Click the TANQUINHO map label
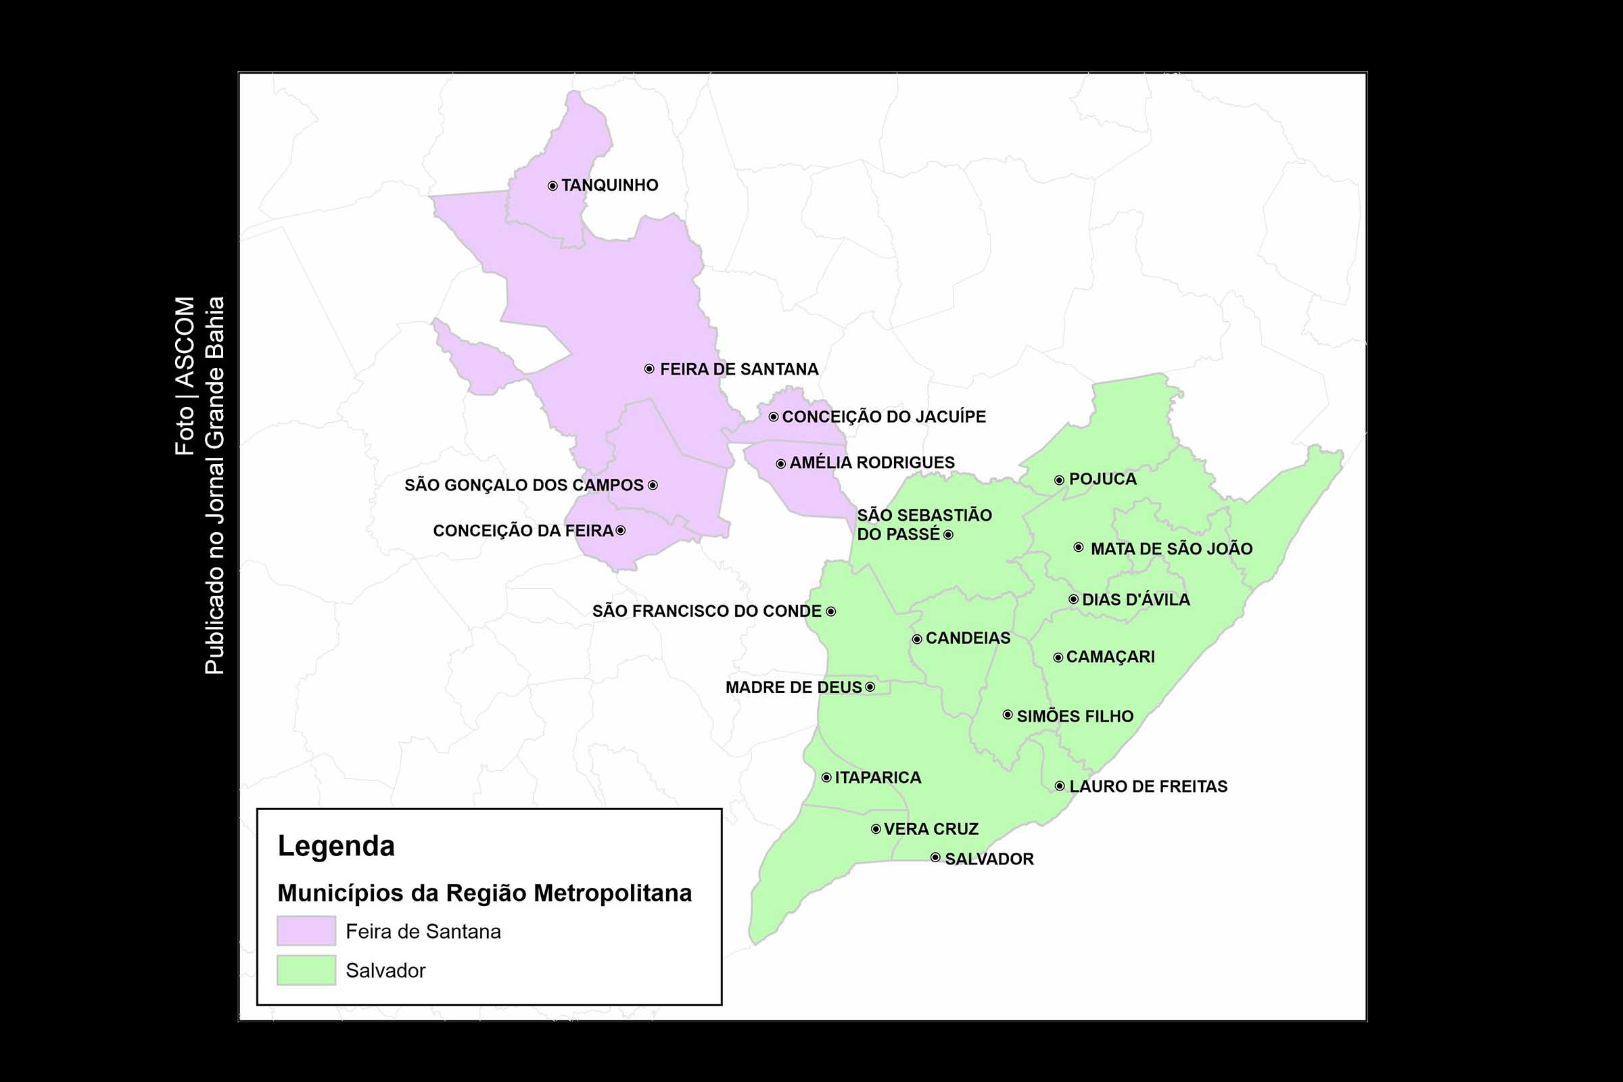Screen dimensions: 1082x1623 tap(609, 185)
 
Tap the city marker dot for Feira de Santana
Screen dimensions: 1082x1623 tap(649, 369)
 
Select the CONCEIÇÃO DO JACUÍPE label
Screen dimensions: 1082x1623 tap(883, 417)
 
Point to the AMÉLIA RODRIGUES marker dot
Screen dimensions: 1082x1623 tap(780, 464)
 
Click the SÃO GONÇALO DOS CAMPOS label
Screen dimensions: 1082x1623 tap(523, 485)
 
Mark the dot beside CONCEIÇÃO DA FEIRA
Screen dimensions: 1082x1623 tap(620, 531)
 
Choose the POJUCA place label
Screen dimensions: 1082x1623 tap(1102, 479)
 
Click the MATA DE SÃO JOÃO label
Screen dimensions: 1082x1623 tap(1171, 549)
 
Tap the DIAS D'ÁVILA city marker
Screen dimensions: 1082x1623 tap(1073, 599)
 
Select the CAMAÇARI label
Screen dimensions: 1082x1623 tap(1110, 657)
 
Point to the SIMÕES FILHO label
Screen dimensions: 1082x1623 tap(1075, 716)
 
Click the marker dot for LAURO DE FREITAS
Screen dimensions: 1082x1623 tap(1059, 786)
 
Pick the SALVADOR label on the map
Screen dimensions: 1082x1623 tap(989, 859)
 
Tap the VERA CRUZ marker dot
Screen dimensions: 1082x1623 tap(876, 829)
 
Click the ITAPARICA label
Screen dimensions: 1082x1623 tap(878, 778)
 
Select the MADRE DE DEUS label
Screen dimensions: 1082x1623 tap(793, 687)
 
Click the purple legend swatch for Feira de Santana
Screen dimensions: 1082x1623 tap(306, 931)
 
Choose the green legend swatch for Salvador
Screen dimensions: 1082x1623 tap(306, 970)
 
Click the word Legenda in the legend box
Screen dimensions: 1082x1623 tap(336, 846)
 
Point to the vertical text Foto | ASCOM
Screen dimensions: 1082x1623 tap(185, 376)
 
